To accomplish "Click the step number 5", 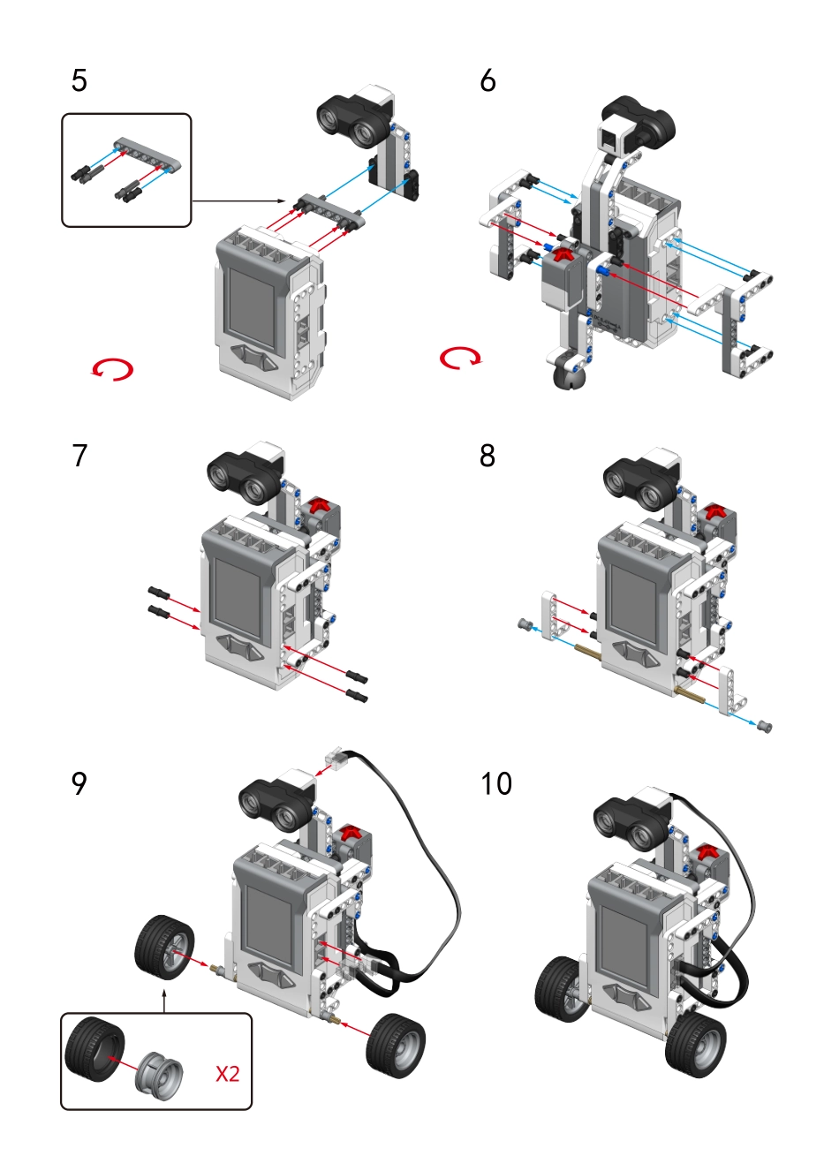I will click(x=79, y=81).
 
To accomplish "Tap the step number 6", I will click(x=488, y=81).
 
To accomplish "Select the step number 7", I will click(x=79, y=456).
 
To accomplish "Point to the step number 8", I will click(x=488, y=456).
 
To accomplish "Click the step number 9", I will click(x=79, y=783).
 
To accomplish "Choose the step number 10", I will click(x=496, y=783).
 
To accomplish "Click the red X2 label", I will click(x=228, y=1074).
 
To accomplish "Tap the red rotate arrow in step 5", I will click(x=112, y=369).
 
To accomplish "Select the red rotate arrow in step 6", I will click(x=461, y=358).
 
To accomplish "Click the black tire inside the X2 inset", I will click(x=91, y=1050).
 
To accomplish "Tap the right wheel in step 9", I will click(x=396, y=1046).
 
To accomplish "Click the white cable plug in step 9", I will click(x=336, y=759).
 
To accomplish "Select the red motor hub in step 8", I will click(x=715, y=511).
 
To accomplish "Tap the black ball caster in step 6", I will click(x=567, y=376).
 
